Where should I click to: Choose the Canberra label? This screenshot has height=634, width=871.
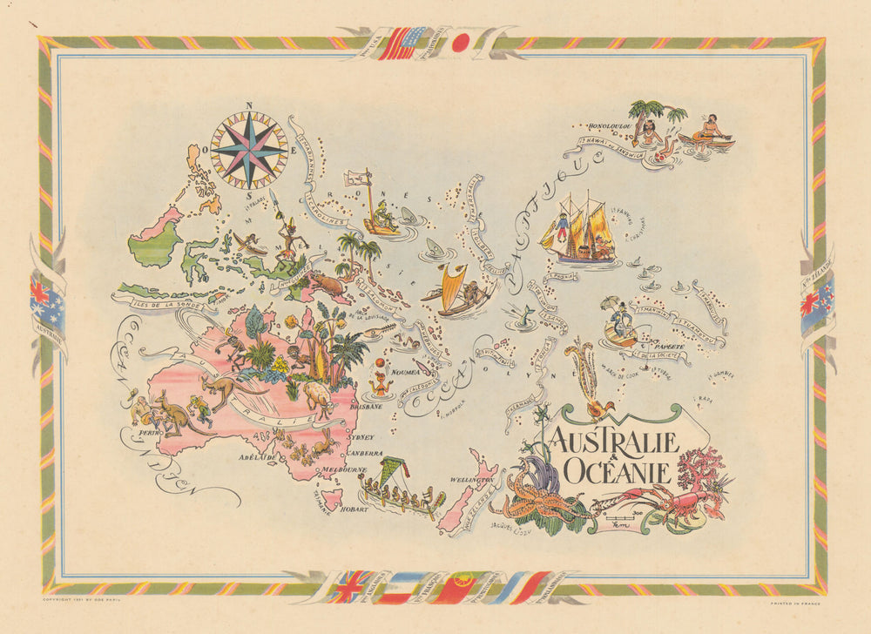click(x=364, y=454)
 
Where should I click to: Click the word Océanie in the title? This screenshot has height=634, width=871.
click(x=617, y=471)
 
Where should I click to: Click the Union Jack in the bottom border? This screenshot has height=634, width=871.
click(x=350, y=586)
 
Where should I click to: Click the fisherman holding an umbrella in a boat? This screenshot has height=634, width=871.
click(x=620, y=322)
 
